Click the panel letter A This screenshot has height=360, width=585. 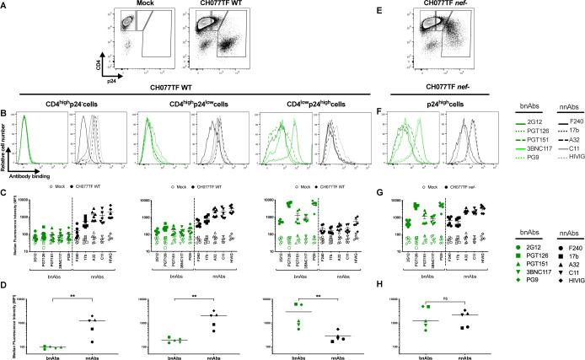(8, 6)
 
